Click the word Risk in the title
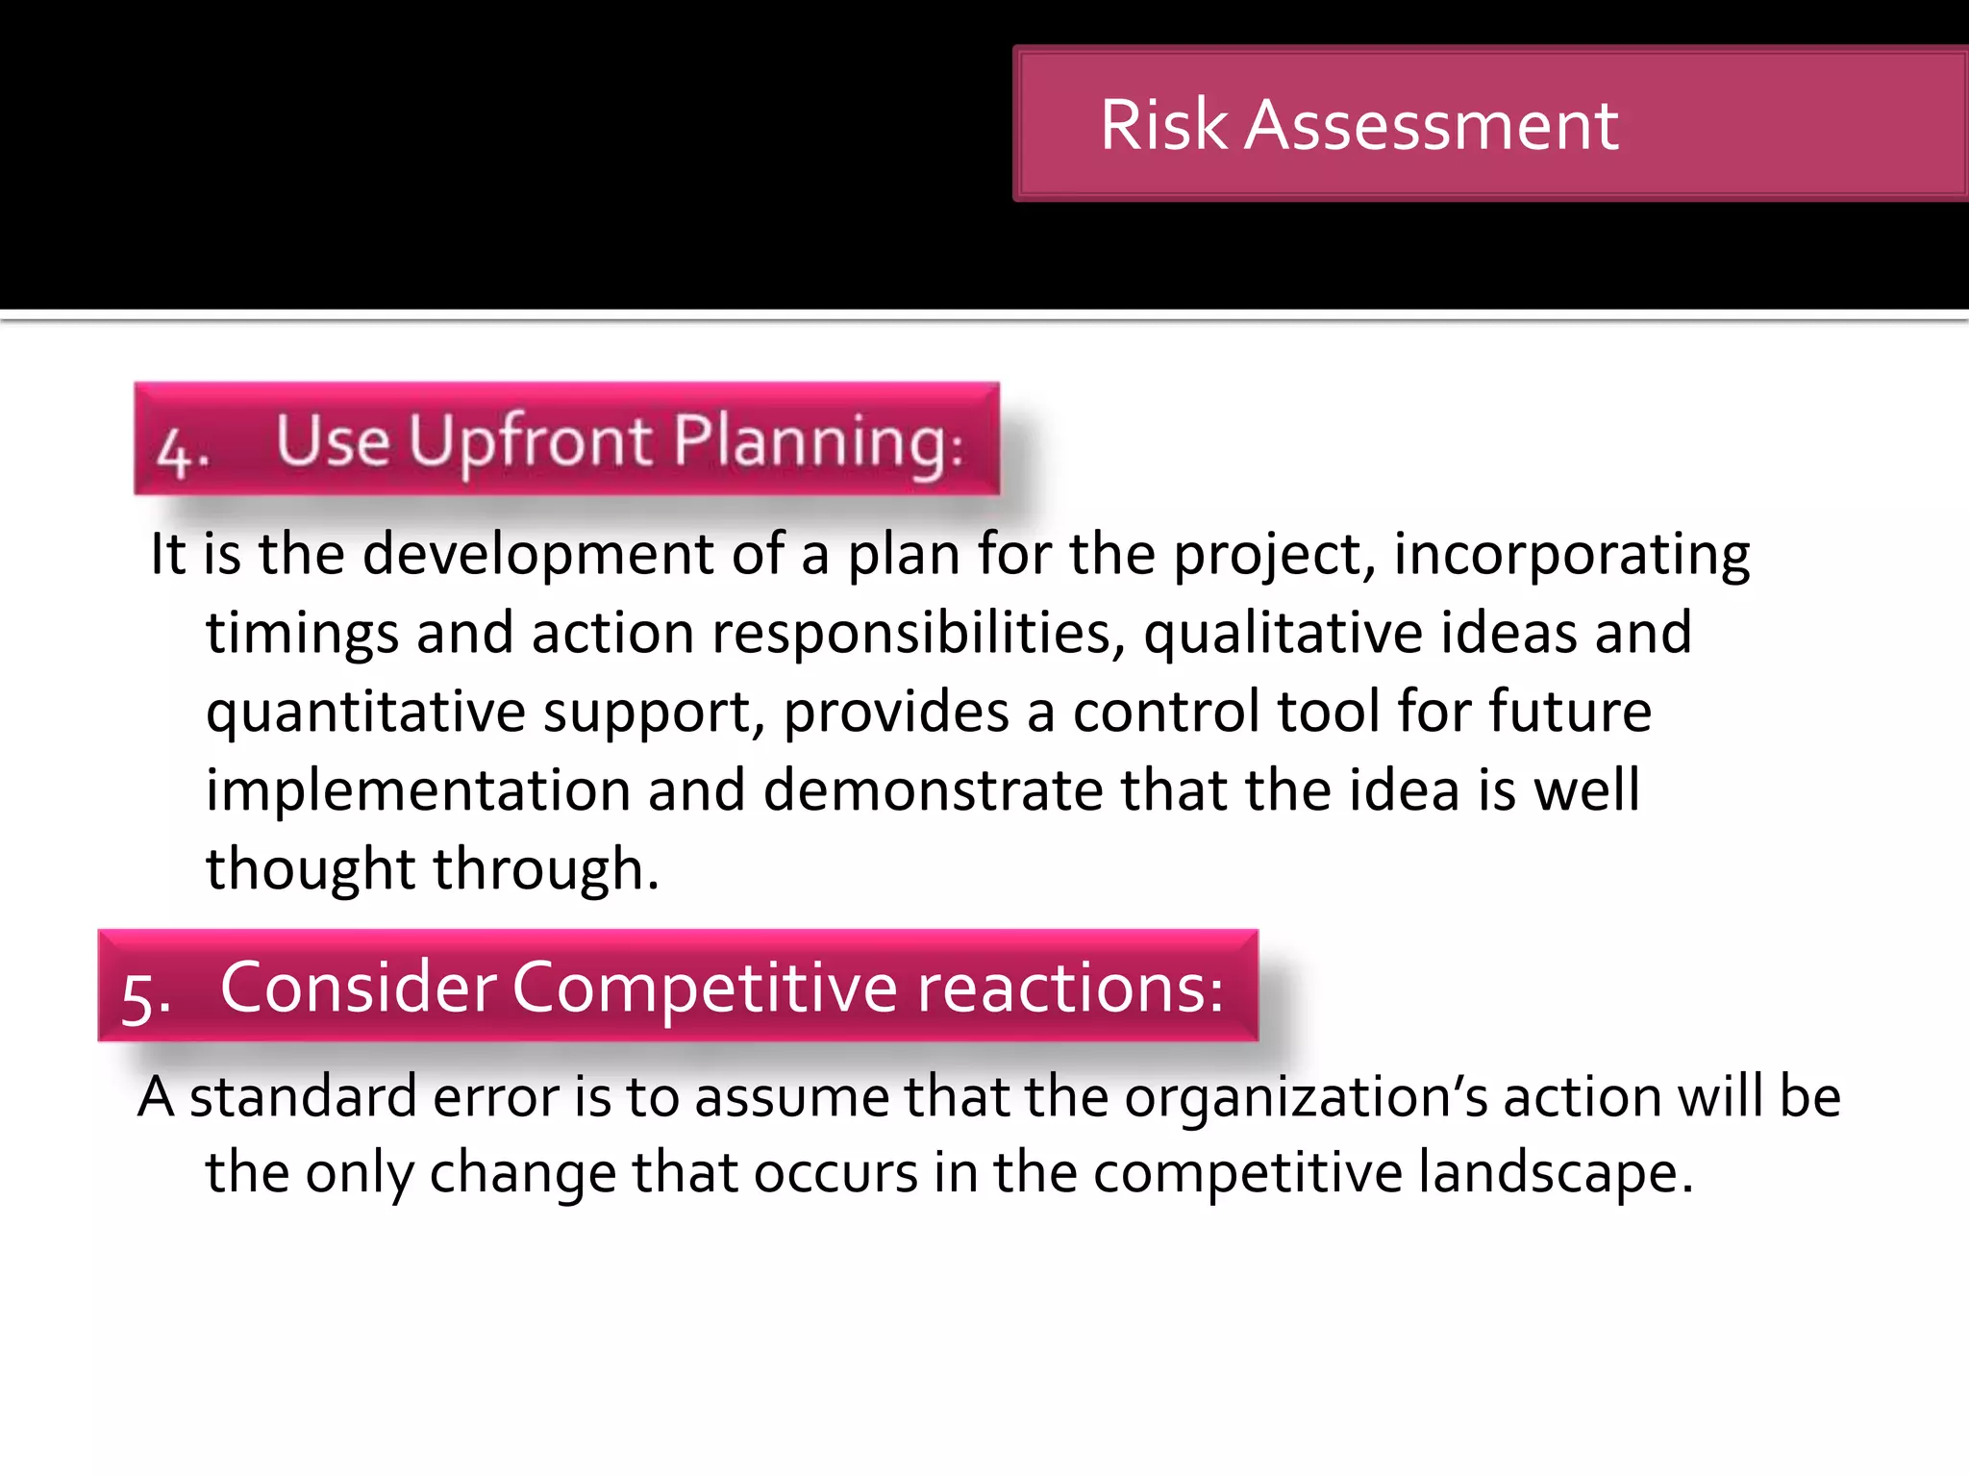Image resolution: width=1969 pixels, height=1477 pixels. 1163,125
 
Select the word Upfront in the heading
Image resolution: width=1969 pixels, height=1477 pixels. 531,442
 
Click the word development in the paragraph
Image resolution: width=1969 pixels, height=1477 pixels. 537,555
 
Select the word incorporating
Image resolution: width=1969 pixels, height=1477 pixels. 1571,555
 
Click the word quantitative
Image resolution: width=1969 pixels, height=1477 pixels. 365,713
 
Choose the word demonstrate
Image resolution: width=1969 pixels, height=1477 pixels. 932,791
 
